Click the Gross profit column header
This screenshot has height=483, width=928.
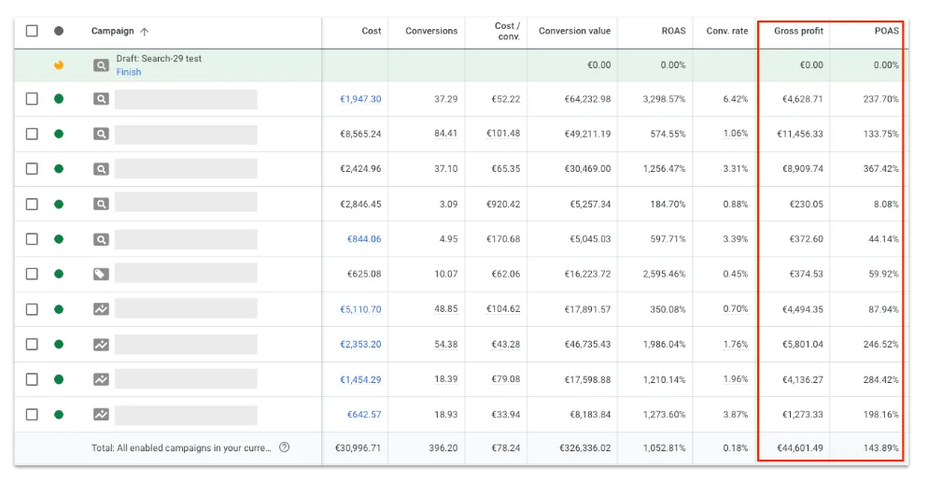click(x=798, y=31)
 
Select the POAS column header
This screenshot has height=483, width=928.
click(x=887, y=31)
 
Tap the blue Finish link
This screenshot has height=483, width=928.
click(x=129, y=72)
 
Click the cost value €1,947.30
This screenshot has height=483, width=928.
click(x=360, y=99)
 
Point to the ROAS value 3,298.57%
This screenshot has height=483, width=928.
click(x=664, y=99)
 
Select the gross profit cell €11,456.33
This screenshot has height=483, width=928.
click(x=799, y=134)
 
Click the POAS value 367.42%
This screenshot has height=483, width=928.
click(x=880, y=169)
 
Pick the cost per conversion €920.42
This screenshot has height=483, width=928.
click(x=503, y=205)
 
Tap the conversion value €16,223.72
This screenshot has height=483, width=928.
click(x=587, y=274)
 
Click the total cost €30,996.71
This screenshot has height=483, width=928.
click(x=358, y=448)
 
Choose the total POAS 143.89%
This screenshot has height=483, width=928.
click(x=880, y=448)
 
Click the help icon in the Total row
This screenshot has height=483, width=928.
click(x=284, y=447)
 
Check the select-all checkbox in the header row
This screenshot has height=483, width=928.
click(x=32, y=31)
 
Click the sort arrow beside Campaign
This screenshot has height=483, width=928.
click(x=145, y=32)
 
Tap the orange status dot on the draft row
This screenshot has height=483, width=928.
click(x=59, y=65)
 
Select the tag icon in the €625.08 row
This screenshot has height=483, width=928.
click(x=101, y=274)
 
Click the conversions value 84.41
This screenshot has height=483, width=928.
click(x=445, y=134)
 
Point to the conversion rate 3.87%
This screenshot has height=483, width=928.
click(x=735, y=415)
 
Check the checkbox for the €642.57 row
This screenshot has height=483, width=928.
click(x=32, y=415)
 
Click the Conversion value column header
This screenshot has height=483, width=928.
click(x=574, y=31)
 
